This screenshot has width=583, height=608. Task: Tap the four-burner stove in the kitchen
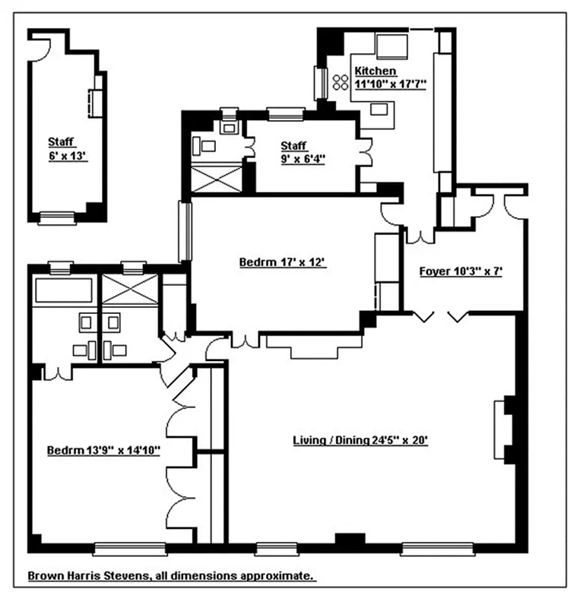pyautogui.click(x=339, y=81)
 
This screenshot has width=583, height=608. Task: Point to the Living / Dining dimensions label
pyautogui.click(x=361, y=439)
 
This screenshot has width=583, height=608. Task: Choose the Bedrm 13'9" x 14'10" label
pyautogui.click(x=103, y=450)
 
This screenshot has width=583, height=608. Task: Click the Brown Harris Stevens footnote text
pyautogui.click(x=172, y=576)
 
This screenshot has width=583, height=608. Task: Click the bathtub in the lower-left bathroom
pyautogui.click(x=64, y=290)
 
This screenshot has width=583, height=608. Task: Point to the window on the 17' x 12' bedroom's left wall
pyautogui.click(x=183, y=230)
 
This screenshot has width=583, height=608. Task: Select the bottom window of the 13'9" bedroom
pyautogui.click(x=129, y=547)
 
